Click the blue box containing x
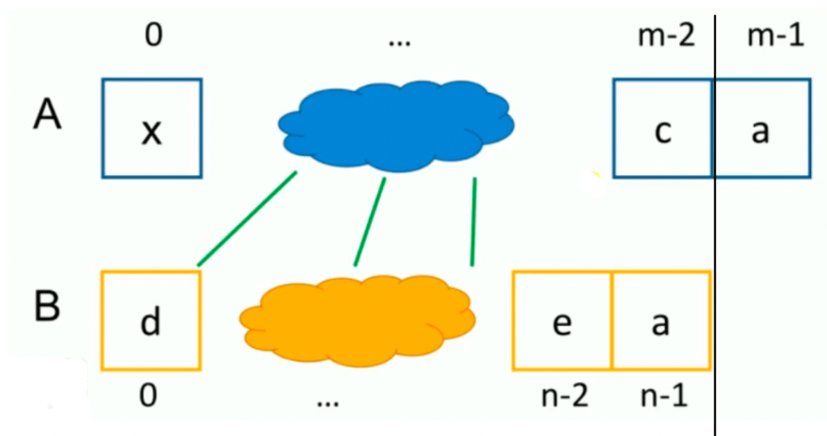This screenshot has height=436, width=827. point(152,128)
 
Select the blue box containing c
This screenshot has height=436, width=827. point(662,128)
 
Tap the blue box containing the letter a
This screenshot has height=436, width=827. point(762,128)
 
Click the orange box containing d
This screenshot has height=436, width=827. point(151,320)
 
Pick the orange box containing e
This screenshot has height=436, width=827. point(562,320)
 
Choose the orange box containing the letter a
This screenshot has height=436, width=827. point(661,320)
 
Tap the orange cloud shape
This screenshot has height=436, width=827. point(357,320)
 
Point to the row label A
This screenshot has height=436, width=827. point(47,115)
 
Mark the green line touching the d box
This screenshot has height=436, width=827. point(247,218)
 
